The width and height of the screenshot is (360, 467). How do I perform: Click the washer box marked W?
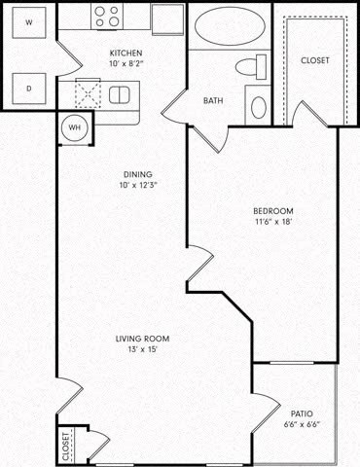(x=27, y=21)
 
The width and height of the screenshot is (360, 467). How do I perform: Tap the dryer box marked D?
(x=27, y=89)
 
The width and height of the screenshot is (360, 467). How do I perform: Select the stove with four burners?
(x=108, y=17)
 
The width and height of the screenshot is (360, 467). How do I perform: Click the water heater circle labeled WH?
(x=73, y=126)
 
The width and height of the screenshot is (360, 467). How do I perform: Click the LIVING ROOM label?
(x=143, y=339)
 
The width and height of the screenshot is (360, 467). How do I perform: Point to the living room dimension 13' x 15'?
(x=143, y=349)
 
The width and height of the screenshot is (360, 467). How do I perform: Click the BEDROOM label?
(x=273, y=211)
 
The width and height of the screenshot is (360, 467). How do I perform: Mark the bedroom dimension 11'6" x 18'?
(x=273, y=223)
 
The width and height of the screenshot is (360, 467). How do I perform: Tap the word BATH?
(x=213, y=100)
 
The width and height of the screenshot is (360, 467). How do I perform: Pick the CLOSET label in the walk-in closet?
(x=314, y=60)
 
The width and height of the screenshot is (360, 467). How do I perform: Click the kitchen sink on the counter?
(x=120, y=93)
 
